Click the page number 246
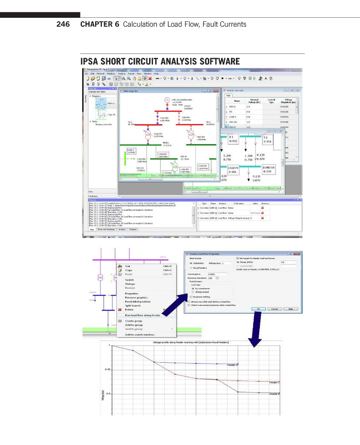[x=62, y=24]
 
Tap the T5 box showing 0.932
[x=234, y=139]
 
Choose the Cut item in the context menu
[x=128, y=266]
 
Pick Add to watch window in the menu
[x=140, y=334]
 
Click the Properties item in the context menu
[x=132, y=293]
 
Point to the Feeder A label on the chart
[x=234, y=365]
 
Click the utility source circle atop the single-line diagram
[x=166, y=101]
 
